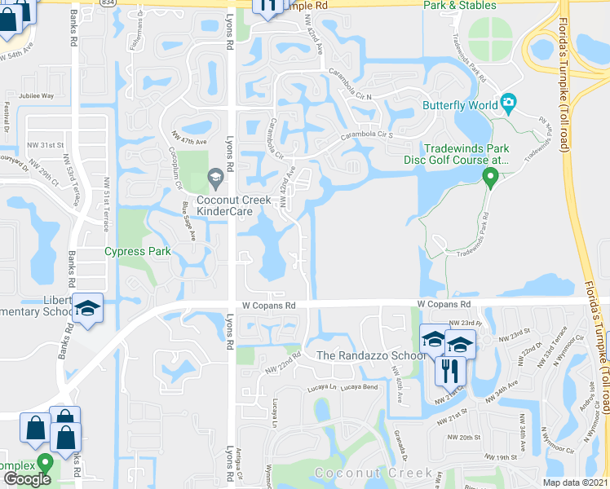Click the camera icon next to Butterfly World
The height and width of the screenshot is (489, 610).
pyautogui.click(x=510, y=104)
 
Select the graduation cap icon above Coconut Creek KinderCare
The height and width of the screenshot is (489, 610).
pyautogui.click(x=215, y=175)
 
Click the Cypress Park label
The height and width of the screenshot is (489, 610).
pyautogui.click(x=138, y=251)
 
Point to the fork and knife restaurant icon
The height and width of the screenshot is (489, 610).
pyautogui.click(x=450, y=372)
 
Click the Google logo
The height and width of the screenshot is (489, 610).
pyautogui.click(x=27, y=478)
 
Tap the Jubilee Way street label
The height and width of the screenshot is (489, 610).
pyautogui.click(x=36, y=95)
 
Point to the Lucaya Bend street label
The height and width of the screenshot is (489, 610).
pyautogui.click(x=360, y=386)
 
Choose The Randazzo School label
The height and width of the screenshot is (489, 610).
pyautogui.click(x=361, y=355)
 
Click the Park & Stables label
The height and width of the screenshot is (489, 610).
pyautogui.click(x=459, y=6)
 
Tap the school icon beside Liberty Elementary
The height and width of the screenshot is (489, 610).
pyautogui.click(x=88, y=309)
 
